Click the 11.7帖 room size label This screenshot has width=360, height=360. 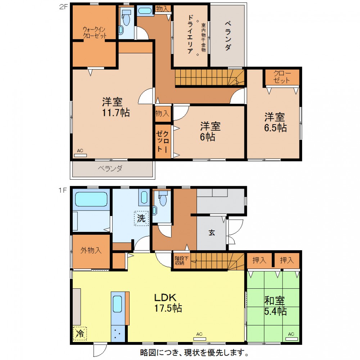pos(116,113)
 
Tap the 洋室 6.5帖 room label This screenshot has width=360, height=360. pos(275,122)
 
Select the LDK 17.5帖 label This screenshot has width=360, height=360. pos(168,303)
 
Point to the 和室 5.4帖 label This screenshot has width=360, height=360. pos(275,306)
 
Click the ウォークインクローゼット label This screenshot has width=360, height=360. pos(95,33)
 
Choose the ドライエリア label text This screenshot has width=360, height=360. pos(190,34)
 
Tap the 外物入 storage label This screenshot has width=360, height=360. pos(91,250)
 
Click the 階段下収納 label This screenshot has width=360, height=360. pos(181,260)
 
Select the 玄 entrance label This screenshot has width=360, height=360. pos(212,233)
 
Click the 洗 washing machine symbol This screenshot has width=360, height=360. pos(141,218)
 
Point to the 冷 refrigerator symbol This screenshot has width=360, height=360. pos(80,333)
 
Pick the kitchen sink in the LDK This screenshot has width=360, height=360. pos(117,304)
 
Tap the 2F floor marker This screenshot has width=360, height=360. pos(63,7)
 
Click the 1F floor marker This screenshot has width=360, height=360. pos(62,190)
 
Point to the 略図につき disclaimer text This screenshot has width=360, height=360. pos(194,352)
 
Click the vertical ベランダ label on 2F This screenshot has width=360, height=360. pos(228,36)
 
